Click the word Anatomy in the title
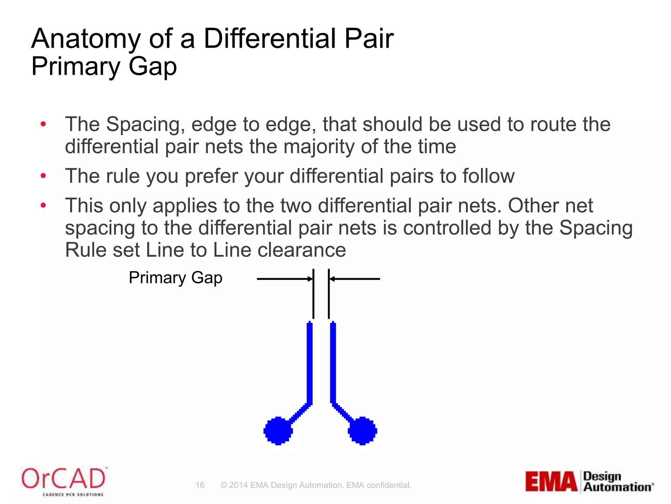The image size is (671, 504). pyautogui.click(x=86, y=39)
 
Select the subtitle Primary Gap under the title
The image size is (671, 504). pyautogui.click(x=104, y=67)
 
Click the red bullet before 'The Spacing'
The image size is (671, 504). pyautogui.click(x=43, y=124)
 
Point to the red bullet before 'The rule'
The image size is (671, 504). pyautogui.click(x=43, y=176)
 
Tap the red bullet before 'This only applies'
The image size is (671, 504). pyautogui.click(x=43, y=206)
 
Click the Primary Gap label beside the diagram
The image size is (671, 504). pyautogui.click(x=176, y=278)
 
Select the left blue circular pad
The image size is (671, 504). pyautogui.click(x=278, y=430)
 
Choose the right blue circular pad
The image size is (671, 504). pyautogui.click(x=362, y=430)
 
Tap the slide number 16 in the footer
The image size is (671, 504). pyautogui.click(x=200, y=485)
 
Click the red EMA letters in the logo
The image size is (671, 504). pyautogui.click(x=551, y=481)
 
